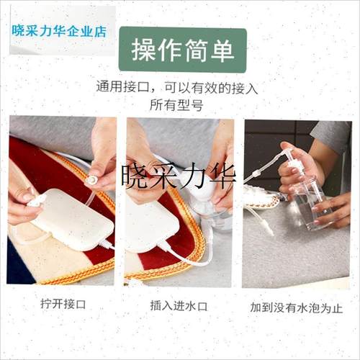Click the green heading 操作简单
click(182, 50)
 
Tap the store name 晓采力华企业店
click(59, 32)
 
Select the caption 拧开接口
click(61, 304)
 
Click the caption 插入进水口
click(180, 304)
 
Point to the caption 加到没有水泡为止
click(297, 307)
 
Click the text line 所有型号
click(176, 105)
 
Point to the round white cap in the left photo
click(93, 179)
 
